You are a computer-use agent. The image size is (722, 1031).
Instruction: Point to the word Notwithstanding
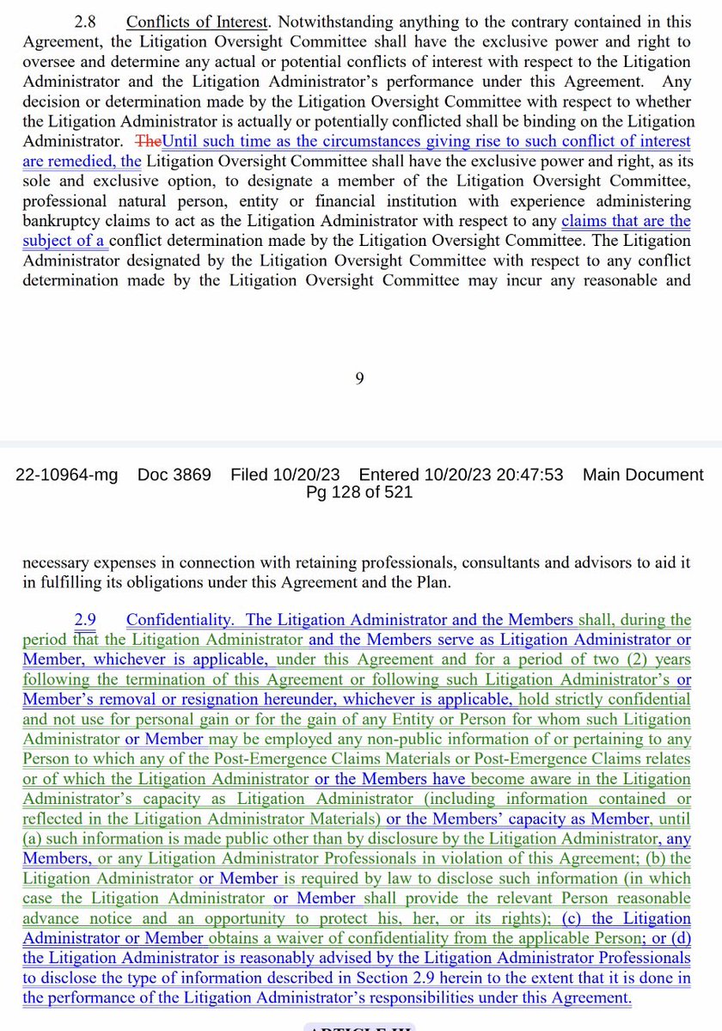332,22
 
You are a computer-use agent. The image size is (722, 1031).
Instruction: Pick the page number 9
360,378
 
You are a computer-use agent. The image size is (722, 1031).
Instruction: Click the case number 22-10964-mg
67,475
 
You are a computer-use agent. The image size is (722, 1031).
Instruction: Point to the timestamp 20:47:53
523,475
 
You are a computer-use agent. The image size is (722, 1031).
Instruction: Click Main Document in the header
643,475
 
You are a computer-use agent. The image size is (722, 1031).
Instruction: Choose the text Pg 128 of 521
359,493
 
